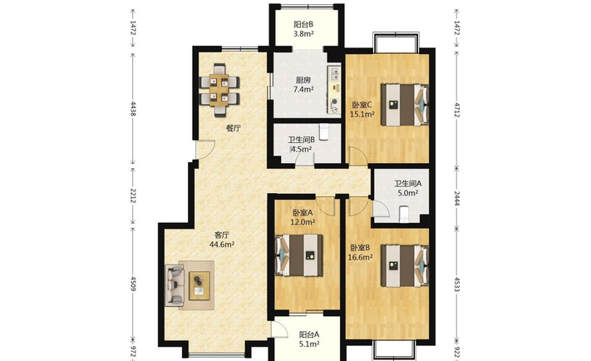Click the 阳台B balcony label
point(303,24)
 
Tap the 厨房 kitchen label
point(303,80)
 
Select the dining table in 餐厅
point(219,91)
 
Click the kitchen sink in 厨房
point(334,73)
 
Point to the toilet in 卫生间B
point(324,132)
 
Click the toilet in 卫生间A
point(404,214)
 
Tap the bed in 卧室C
point(405,105)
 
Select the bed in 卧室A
point(299,255)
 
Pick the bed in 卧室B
point(405,265)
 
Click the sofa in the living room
point(175,285)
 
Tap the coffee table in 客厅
point(199,285)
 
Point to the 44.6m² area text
point(222,245)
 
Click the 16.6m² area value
point(361,257)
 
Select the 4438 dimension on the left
point(133,108)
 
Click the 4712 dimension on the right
point(457,110)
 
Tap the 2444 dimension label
point(457,199)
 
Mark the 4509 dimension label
point(133,284)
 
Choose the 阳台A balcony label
point(309,334)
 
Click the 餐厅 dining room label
point(234,128)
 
